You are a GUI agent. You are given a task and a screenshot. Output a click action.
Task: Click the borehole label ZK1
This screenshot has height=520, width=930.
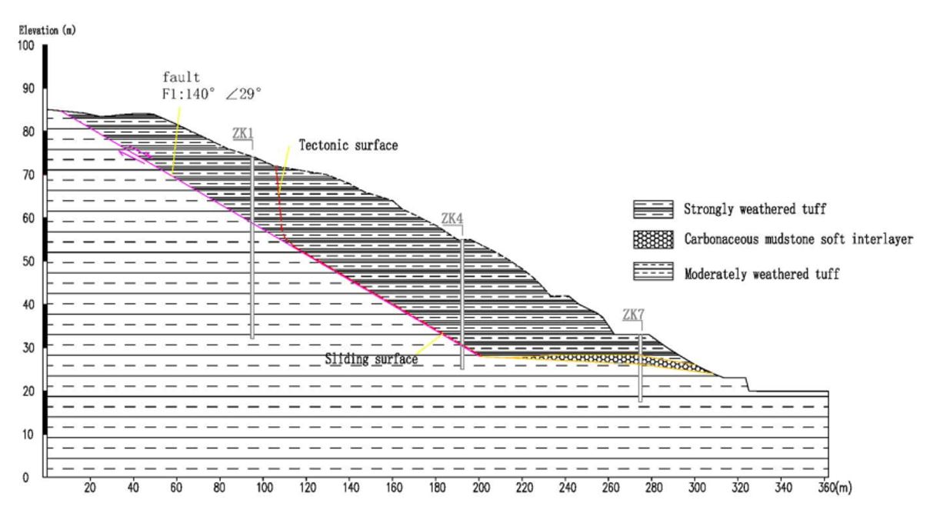point(243,133)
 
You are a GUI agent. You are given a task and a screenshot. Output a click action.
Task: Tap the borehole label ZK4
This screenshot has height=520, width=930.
point(452,218)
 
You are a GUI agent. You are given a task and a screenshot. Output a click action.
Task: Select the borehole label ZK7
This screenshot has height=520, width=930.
point(633,315)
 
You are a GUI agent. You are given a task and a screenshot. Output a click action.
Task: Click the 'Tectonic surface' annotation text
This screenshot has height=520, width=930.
point(348,145)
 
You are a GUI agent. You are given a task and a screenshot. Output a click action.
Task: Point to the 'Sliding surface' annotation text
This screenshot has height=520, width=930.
point(372,359)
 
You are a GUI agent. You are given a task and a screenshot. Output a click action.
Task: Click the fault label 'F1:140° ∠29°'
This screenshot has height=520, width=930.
point(212,94)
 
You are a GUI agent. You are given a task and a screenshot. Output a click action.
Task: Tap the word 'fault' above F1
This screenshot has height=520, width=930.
point(181,77)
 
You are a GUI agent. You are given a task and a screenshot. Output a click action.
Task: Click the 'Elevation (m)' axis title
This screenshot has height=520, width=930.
point(48,30)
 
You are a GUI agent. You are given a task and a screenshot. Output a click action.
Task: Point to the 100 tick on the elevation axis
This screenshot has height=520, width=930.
point(25,45)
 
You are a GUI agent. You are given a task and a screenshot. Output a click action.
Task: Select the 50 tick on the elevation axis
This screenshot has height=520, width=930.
point(28,262)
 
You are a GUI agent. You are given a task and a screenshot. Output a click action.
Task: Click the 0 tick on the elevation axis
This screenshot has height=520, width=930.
point(25,478)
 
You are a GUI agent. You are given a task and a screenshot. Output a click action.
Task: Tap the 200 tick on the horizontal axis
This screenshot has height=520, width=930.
point(481,487)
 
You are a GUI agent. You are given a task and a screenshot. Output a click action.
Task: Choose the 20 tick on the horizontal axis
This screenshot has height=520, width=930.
point(90,487)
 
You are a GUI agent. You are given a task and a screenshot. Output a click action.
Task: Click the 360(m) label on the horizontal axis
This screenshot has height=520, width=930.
point(835,487)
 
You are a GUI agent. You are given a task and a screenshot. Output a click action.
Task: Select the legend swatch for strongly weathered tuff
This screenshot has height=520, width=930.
point(653,209)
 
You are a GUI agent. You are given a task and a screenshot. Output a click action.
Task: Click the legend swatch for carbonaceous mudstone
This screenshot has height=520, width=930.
point(653,240)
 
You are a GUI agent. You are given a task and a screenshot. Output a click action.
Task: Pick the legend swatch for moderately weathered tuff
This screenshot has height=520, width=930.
point(653,272)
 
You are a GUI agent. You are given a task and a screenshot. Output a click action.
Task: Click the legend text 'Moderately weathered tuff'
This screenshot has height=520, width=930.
point(762,274)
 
